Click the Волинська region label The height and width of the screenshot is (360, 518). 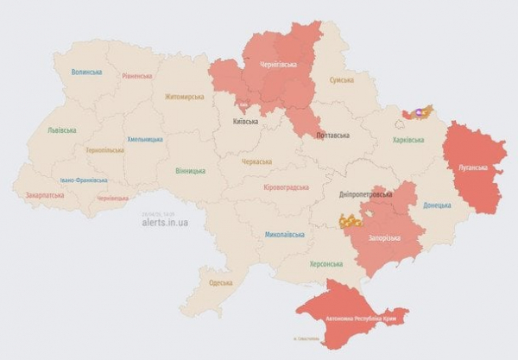87,73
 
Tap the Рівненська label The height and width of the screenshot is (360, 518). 137,76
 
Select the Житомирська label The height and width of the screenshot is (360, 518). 184,97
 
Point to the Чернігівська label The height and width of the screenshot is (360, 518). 279,65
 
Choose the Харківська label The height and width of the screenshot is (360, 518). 408,140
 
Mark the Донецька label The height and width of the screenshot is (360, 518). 437,205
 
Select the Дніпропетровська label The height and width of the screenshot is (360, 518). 366,195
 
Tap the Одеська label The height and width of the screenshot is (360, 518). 221,282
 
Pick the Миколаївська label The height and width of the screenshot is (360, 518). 285,234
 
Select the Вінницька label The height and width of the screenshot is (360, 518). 191,171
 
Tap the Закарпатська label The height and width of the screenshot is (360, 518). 47,195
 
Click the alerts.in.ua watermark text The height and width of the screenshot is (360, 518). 165,222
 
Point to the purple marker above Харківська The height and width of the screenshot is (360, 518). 420,111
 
